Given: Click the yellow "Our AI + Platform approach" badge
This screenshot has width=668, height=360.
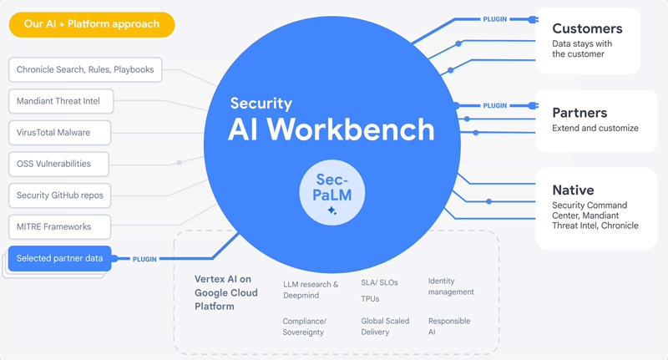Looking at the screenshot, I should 92,24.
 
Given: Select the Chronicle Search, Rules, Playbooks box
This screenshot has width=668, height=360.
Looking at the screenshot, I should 85,70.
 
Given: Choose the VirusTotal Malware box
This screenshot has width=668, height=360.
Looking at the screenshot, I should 53,133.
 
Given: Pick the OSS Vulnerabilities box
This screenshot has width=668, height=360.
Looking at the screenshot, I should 53,164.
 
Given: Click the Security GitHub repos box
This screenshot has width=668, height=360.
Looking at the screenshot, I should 59,195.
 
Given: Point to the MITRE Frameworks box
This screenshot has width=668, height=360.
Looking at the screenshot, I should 53,226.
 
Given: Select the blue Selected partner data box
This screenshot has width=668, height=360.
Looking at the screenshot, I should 59,258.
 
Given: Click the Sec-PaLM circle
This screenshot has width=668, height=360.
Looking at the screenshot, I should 331,194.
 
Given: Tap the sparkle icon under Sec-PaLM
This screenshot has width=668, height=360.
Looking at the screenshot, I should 331,211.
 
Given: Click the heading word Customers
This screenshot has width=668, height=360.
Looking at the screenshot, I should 587,28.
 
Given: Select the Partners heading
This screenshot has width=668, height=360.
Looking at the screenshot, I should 579,113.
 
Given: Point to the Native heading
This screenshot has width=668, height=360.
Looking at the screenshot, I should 573,190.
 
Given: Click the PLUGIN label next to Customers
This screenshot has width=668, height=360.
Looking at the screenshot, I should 494,18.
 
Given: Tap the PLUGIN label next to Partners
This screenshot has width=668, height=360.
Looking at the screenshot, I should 494,106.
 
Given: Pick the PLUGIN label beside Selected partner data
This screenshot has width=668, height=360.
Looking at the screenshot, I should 144,259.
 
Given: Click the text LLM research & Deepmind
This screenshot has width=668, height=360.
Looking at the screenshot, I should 310,290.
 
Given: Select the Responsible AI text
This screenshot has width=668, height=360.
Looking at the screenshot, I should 448,326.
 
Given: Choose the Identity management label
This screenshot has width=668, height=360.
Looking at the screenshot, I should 451,286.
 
